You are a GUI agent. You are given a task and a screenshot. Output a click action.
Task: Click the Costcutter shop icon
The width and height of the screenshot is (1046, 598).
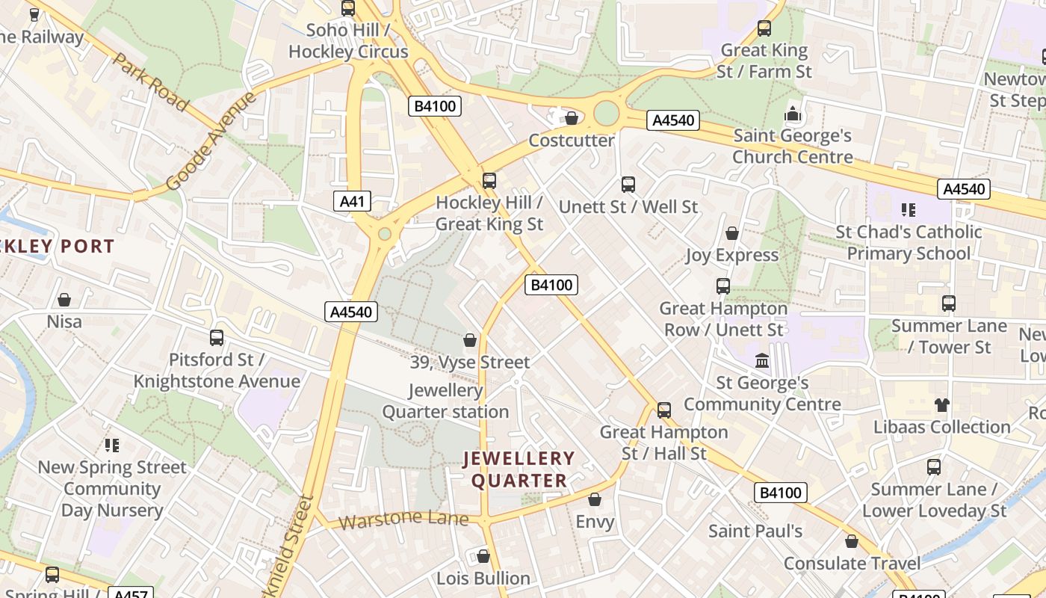pyautogui.click(x=572, y=118)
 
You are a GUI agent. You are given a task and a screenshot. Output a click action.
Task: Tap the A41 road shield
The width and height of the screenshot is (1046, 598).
pyautogui.click(x=353, y=201)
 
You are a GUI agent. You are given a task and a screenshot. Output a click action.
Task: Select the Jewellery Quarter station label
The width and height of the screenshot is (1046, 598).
pyautogui.click(x=446, y=401)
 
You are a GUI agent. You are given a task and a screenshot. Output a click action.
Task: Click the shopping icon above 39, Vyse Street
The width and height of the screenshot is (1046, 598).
pyautogui.click(x=470, y=341)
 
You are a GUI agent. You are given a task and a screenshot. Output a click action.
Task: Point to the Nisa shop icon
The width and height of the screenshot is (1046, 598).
pyautogui.click(x=64, y=300)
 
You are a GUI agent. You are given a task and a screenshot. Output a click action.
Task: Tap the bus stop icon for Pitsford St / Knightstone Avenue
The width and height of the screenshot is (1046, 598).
pyautogui.click(x=217, y=338)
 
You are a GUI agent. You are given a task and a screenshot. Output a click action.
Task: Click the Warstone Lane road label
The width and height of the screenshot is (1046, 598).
pyautogui.click(x=403, y=520)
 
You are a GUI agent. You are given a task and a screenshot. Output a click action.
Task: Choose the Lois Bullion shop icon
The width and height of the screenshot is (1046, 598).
pyautogui.click(x=483, y=557)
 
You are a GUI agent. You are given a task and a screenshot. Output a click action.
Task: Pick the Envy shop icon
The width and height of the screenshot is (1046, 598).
pyautogui.click(x=595, y=499)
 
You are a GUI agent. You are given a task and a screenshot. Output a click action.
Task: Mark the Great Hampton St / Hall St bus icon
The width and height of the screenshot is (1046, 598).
pyautogui.click(x=664, y=410)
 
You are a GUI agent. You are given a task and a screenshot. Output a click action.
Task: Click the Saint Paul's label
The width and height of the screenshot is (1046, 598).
pyautogui.click(x=755, y=531)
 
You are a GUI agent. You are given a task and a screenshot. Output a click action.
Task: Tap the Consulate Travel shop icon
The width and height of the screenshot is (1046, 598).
pyautogui.click(x=852, y=542)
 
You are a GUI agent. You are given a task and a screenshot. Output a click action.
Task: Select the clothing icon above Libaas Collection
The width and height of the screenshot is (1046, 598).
pyautogui.click(x=941, y=405)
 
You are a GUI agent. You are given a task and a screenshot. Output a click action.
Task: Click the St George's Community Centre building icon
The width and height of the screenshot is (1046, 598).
pyautogui.click(x=762, y=362)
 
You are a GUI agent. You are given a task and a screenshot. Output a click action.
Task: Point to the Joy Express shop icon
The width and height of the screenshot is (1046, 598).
pyautogui.click(x=732, y=234)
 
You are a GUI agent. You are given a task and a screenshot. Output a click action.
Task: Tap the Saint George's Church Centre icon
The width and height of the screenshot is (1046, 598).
pyautogui.click(x=792, y=114)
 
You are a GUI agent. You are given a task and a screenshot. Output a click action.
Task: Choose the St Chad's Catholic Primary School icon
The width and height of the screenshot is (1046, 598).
pyautogui.click(x=909, y=210)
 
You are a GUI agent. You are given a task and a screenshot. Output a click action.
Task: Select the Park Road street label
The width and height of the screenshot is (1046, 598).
pyautogui.click(x=150, y=81)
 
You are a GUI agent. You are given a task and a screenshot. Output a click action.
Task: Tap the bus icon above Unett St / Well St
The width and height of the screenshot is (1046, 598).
pyautogui.click(x=628, y=185)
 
